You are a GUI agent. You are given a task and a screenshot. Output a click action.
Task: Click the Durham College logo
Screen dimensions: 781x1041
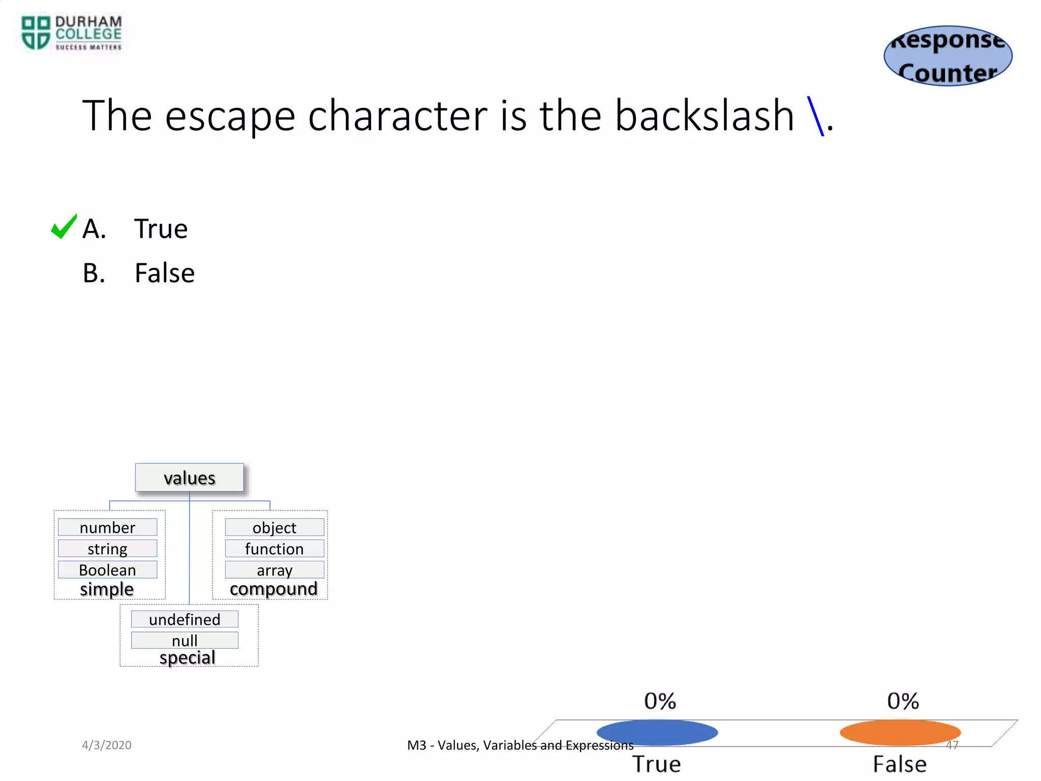[x=71, y=33]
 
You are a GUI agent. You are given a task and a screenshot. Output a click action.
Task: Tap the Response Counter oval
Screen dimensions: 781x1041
[x=948, y=56]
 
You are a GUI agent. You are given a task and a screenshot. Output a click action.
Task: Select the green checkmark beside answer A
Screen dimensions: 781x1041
[x=64, y=227]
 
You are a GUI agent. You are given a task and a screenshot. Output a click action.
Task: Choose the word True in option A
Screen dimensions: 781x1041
[x=161, y=229]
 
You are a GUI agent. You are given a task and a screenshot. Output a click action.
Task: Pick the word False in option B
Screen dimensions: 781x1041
[x=164, y=273]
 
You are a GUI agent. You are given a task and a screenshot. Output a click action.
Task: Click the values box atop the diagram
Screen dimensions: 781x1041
[x=189, y=478]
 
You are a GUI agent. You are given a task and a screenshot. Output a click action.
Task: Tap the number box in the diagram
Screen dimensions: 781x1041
[x=107, y=527]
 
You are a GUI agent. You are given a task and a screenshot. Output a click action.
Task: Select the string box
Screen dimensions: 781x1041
[x=107, y=549]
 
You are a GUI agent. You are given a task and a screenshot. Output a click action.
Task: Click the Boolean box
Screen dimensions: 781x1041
[x=107, y=570]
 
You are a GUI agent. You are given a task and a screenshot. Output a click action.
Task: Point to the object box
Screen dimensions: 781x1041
[x=274, y=527]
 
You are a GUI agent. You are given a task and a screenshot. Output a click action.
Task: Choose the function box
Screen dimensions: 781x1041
[x=274, y=549]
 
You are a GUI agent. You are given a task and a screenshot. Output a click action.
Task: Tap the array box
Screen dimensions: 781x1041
[x=274, y=570]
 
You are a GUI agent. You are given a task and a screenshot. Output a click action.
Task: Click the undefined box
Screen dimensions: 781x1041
[x=185, y=619]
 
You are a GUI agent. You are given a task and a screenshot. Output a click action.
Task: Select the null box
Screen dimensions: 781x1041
[x=185, y=641]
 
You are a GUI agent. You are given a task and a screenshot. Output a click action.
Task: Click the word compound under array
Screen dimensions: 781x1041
[x=273, y=589]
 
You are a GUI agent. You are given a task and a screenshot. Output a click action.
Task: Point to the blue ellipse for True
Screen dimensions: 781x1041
[x=657, y=733]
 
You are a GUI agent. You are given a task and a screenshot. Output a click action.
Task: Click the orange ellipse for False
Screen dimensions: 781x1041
[x=900, y=733]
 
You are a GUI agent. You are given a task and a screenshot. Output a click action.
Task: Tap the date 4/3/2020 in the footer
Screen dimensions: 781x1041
[x=107, y=745]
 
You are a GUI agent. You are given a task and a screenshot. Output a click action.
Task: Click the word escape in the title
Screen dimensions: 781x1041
[x=230, y=116]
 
